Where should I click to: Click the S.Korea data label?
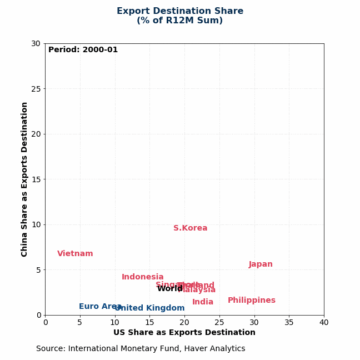(190, 228)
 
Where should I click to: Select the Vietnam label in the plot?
(75, 254)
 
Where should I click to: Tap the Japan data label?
(261, 264)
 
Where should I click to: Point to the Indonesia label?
(142, 277)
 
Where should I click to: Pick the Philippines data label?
(251, 301)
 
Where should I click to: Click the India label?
(203, 302)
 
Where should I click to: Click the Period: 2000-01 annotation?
(83, 50)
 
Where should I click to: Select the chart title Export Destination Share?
(180, 11)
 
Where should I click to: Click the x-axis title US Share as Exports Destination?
(184, 333)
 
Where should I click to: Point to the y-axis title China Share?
(24, 179)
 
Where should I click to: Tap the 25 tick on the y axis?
(36, 89)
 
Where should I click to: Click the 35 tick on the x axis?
(289, 323)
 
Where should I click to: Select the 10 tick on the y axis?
(36, 224)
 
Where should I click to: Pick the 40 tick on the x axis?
(324, 323)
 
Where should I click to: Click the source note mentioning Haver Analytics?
(141, 349)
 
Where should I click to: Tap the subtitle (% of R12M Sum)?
(180, 21)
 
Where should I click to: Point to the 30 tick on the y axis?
(36, 43)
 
